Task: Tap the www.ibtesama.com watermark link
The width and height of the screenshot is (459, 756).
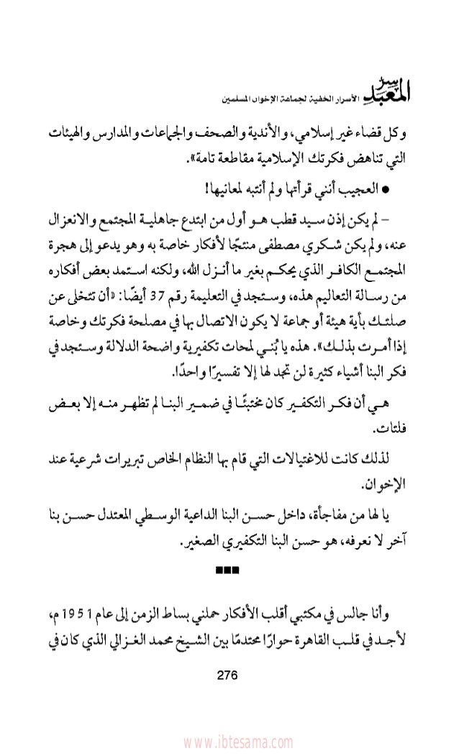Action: pyautogui.click(x=229, y=742)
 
